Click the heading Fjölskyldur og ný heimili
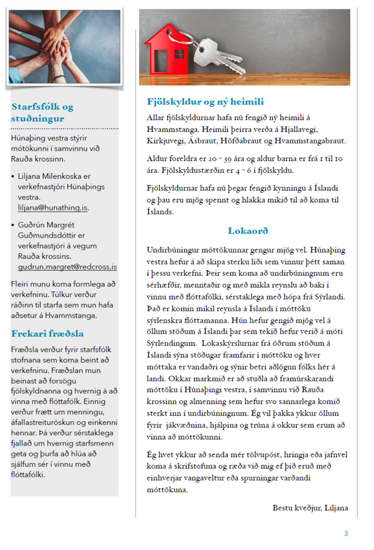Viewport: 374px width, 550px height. (x=206, y=102)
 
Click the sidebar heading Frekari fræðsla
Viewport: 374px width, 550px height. (x=47, y=334)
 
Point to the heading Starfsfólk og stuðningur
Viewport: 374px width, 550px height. (x=42, y=112)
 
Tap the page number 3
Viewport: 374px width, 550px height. (x=346, y=533)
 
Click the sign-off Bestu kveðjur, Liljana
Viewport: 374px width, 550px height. (x=311, y=508)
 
